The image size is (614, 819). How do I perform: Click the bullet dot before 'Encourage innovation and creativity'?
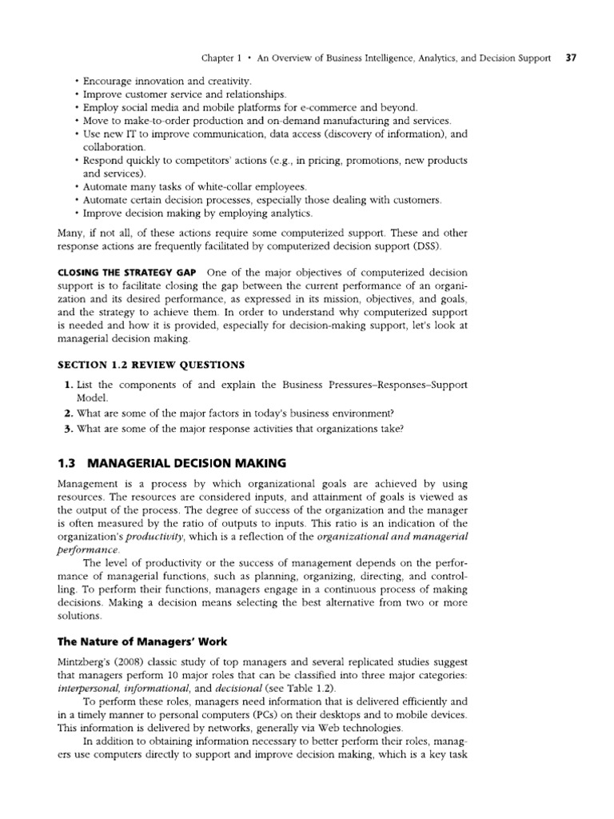point(75,82)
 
